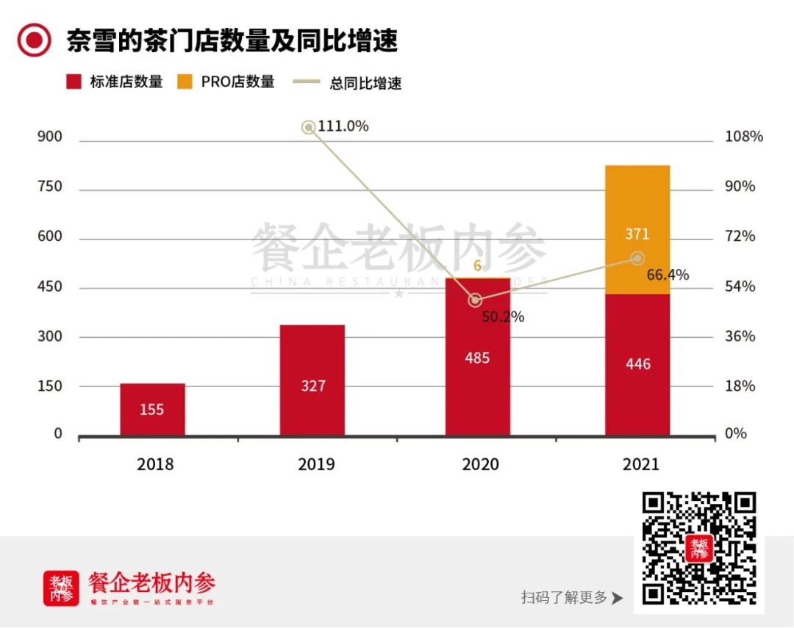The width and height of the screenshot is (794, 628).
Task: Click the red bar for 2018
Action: (x=152, y=409)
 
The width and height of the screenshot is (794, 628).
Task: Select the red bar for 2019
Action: (x=312, y=380)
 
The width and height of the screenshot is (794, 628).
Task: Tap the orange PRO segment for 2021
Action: (x=637, y=230)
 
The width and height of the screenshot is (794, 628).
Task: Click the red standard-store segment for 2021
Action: (x=637, y=364)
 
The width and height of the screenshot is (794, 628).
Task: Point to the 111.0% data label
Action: (x=343, y=126)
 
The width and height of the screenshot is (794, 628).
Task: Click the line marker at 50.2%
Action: (x=476, y=300)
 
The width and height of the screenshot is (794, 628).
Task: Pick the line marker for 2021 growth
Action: (x=637, y=258)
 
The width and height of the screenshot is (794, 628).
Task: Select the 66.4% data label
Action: (x=668, y=275)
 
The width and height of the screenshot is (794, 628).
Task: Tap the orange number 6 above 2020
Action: (x=477, y=266)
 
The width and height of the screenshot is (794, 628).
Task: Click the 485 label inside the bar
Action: (x=477, y=358)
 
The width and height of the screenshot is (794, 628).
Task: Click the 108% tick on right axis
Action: (x=744, y=137)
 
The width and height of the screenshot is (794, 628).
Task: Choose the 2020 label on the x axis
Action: (x=480, y=464)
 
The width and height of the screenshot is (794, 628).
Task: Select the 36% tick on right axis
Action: (x=740, y=336)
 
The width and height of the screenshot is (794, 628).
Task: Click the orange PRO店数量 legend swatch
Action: (x=185, y=82)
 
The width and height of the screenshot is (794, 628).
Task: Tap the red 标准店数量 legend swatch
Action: (x=74, y=82)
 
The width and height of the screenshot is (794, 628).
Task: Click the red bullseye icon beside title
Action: (x=34, y=40)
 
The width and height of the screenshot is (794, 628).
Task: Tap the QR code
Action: (x=698, y=548)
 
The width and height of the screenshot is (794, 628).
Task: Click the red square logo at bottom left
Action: (x=61, y=588)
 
